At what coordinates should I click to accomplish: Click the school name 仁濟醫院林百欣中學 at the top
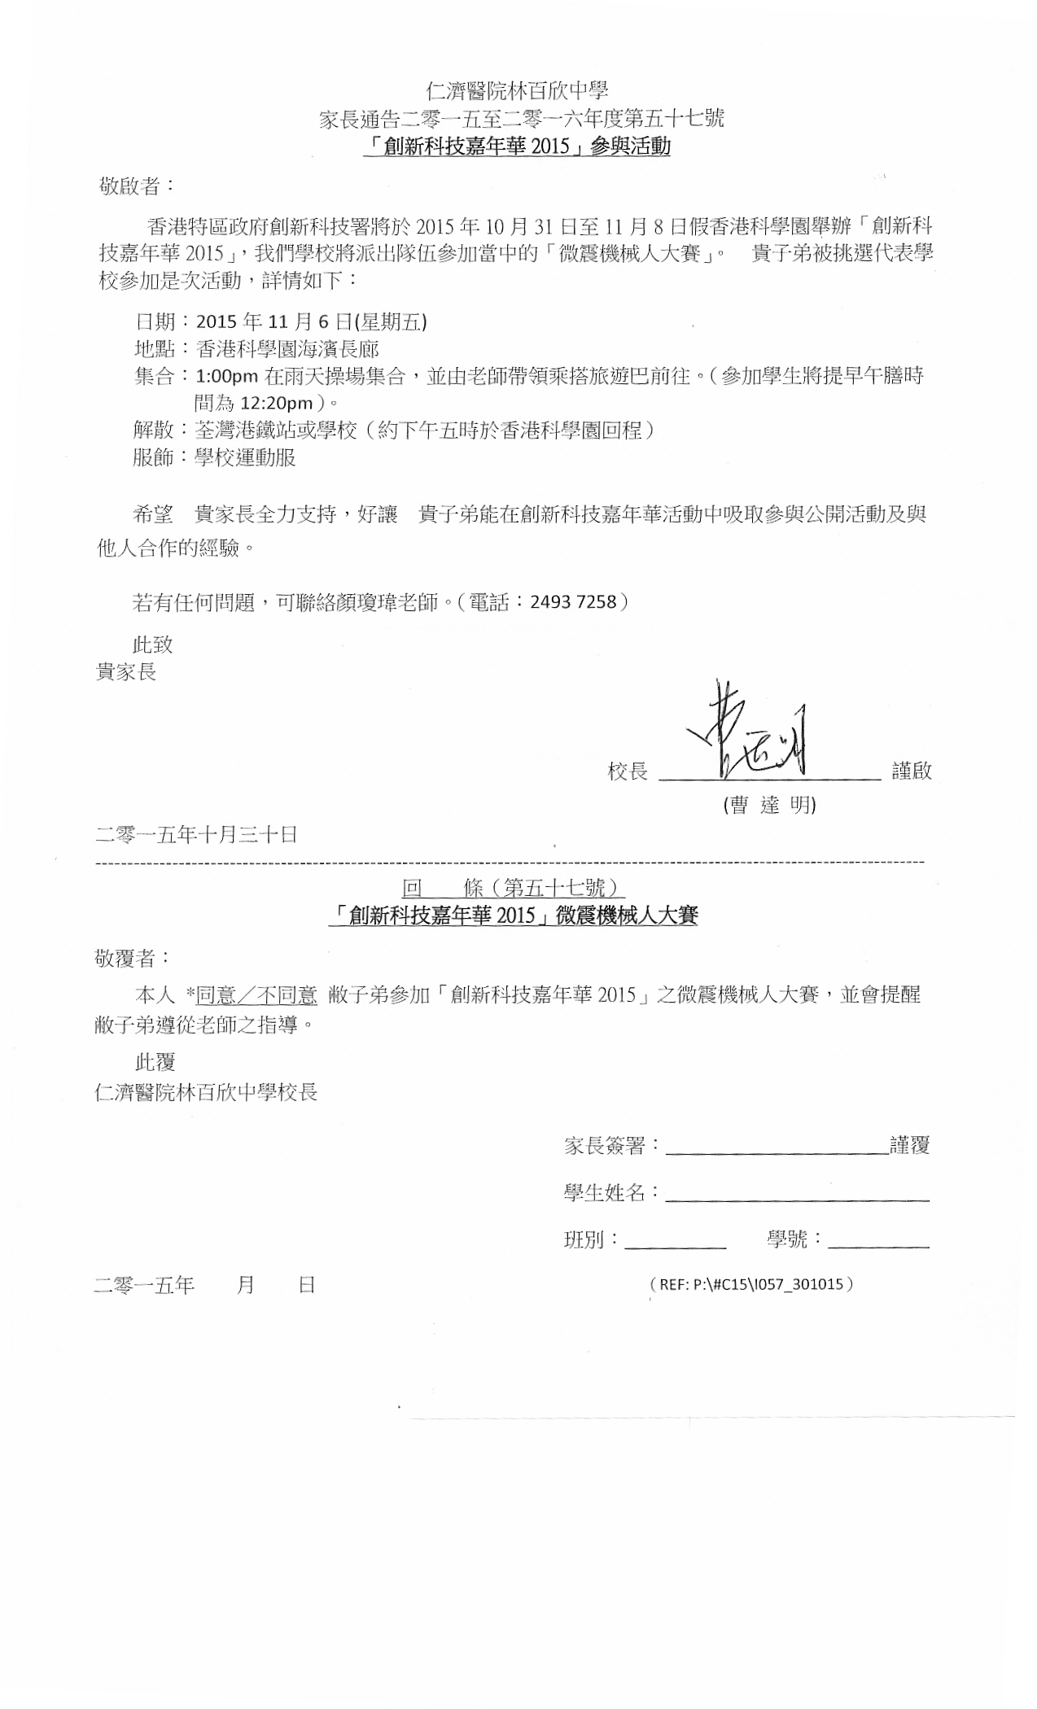pos(518,90)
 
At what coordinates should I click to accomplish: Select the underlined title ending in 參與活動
pos(518,146)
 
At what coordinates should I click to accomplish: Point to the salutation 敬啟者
pos(136,186)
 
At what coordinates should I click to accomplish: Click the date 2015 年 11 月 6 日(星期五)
pos(312,322)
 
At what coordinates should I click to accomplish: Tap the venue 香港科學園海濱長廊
pos(287,349)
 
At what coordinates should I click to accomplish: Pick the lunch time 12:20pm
pos(277,404)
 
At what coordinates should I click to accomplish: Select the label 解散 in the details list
pos(153,430)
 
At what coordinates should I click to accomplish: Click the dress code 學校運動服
pos(245,457)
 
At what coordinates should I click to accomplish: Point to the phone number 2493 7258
pos(573,602)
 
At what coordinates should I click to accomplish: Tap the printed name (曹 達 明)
pos(769,805)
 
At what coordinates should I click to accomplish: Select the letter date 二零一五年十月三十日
pos(196,834)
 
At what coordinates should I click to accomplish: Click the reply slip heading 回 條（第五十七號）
pos(514,887)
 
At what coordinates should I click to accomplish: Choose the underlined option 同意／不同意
pos(256,994)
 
